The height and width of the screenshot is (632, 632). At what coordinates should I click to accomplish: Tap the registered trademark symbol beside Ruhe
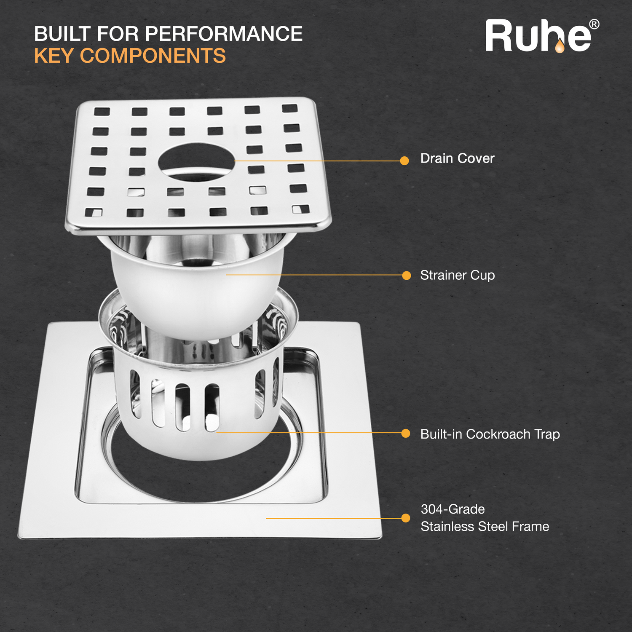pos(594,24)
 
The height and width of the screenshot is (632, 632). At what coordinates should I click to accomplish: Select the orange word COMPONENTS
pos(153,56)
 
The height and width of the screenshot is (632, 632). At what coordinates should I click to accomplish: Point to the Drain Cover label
pos(457,158)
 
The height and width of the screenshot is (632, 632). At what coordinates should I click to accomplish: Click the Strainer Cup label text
pos(458,276)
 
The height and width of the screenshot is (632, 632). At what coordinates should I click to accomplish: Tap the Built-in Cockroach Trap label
pos(490,434)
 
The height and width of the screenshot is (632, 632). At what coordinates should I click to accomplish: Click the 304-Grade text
pos(453,509)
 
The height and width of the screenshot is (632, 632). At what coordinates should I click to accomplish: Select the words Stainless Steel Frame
pos(485,526)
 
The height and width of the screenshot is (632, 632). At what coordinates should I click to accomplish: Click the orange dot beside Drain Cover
pos(404,161)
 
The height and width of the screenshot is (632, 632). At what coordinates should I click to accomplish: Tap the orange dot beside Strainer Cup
pos(407,275)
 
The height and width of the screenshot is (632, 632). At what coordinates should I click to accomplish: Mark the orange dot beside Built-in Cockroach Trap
pos(406,433)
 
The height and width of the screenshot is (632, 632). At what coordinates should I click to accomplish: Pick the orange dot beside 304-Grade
pos(406,518)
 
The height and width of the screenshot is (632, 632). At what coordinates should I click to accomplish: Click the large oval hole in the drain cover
pos(196,162)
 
